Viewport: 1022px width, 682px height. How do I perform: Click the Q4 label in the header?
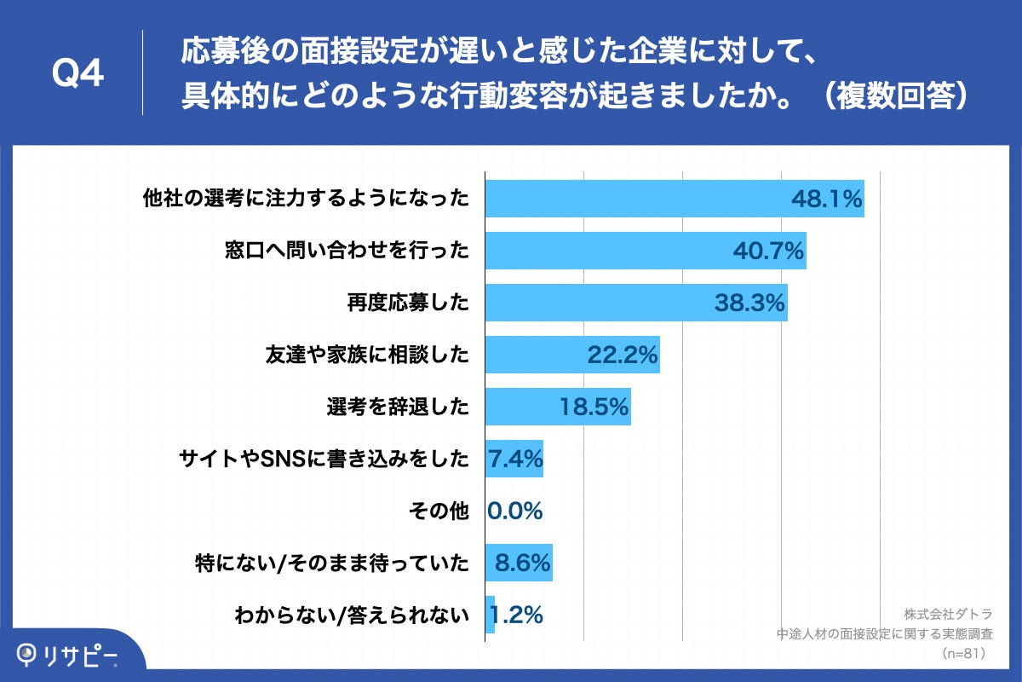(x=78, y=73)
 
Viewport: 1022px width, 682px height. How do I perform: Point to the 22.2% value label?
(x=623, y=355)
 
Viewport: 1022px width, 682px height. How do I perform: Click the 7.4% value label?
(x=515, y=459)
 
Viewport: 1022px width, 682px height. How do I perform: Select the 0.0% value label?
(x=515, y=511)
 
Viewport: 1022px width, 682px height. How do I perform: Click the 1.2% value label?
(x=515, y=615)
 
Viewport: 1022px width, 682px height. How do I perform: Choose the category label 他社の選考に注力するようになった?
(x=306, y=199)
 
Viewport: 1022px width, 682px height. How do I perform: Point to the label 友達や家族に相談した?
(x=368, y=355)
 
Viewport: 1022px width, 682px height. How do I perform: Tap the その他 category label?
(x=439, y=511)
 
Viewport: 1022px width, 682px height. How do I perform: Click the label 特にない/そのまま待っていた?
(x=333, y=564)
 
